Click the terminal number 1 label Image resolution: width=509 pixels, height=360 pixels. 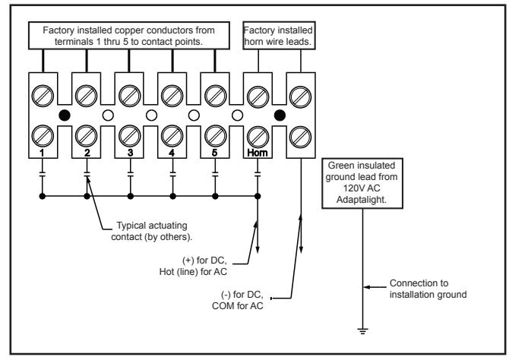coord(42,152)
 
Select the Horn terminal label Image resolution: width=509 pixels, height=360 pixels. coord(258,152)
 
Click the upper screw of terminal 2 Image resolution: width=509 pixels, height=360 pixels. coord(86,96)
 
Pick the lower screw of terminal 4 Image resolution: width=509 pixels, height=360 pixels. coord(172,137)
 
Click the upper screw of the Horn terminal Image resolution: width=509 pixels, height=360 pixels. coord(258,96)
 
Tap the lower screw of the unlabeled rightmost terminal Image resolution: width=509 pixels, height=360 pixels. coord(300,137)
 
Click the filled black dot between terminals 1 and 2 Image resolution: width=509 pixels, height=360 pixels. coord(65,115)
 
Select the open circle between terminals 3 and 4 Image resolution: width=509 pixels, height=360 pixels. coord(152,115)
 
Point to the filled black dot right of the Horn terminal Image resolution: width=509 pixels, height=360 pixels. coord(280,115)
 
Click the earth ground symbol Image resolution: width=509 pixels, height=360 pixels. coord(362,331)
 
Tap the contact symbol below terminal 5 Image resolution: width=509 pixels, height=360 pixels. coord(215,175)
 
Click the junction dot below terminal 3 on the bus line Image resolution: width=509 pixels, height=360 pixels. coord(131,196)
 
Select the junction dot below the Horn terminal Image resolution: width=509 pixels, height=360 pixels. coord(258,196)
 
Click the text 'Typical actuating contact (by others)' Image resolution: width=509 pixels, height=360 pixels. coord(152,231)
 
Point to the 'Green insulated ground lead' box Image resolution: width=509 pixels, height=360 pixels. coord(362,183)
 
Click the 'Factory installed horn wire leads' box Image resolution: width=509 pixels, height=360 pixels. coord(279,36)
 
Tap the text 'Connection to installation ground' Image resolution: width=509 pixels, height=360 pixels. coord(428,289)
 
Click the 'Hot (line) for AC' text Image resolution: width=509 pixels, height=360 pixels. coord(193,272)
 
